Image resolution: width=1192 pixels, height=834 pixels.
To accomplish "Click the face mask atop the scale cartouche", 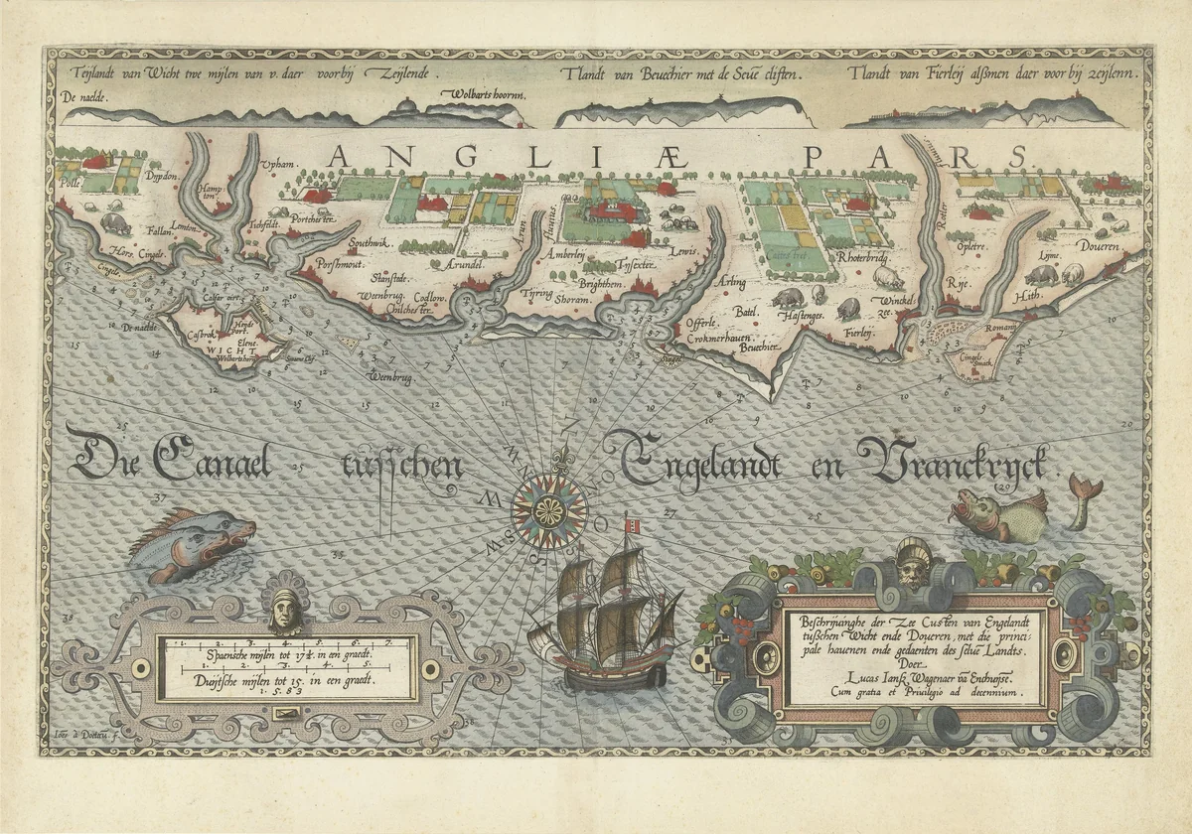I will point(284,610).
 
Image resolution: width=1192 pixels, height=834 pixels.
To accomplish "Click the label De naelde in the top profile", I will point(82,97).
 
